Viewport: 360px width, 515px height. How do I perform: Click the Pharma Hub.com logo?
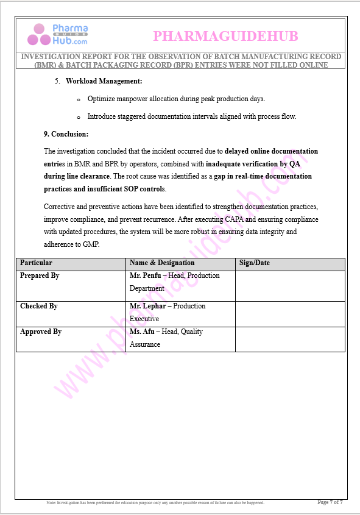pos(58,35)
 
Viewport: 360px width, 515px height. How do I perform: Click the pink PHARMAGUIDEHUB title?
pos(225,37)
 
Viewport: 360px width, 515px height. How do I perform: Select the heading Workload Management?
pos(104,81)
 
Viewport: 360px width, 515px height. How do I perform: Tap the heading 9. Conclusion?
pos(66,133)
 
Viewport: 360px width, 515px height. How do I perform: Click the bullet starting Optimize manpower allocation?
pos(176,98)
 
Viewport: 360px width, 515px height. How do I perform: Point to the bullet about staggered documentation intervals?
pos(191,116)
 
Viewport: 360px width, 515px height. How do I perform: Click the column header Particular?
pos(36,263)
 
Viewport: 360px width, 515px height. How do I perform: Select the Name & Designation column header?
pos(162,263)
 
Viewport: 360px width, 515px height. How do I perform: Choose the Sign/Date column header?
pos(255,263)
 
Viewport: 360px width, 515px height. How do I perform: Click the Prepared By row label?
pos(40,276)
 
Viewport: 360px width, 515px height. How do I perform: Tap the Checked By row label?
pos(39,307)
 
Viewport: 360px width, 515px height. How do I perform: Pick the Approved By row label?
pos(41,332)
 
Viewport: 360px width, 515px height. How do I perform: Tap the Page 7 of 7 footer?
pos(330,502)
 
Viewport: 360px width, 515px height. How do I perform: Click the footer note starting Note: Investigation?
pos(155,503)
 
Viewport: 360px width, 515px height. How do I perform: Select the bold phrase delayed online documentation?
pos(271,151)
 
